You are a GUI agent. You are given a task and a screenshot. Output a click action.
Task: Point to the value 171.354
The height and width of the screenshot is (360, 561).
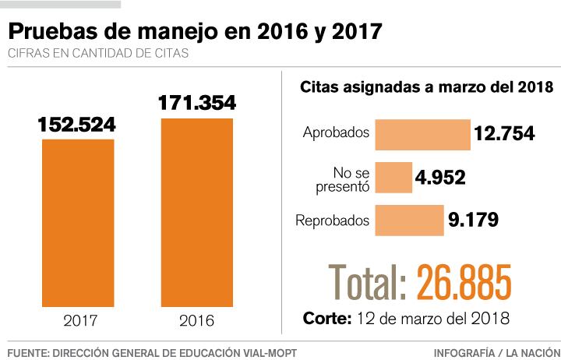[x=197, y=103]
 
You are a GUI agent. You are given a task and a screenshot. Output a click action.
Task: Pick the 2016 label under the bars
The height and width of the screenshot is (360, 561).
[x=196, y=319]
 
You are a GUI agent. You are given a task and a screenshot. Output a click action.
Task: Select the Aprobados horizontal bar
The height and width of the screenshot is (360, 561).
[x=422, y=133]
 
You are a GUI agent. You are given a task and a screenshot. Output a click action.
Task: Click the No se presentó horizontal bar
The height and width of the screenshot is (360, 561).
[x=393, y=177]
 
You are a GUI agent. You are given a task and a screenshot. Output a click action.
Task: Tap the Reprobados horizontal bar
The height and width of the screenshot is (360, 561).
[x=410, y=221]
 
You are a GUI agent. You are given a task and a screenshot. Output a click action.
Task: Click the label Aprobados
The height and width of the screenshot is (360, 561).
[x=336, y=132]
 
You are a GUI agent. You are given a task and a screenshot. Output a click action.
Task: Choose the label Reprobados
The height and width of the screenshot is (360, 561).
[x=333, y=221]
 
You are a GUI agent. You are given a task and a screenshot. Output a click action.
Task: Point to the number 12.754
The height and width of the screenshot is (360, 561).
[x=504, y=134]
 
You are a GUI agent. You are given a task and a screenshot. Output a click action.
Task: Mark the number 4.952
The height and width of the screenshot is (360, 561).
[x=440, y=178]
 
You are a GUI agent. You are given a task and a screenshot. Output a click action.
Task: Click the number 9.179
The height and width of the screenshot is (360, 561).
[x=473, y=221]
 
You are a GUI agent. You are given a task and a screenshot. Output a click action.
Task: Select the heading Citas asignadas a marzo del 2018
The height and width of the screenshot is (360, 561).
[x=426, y=87]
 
